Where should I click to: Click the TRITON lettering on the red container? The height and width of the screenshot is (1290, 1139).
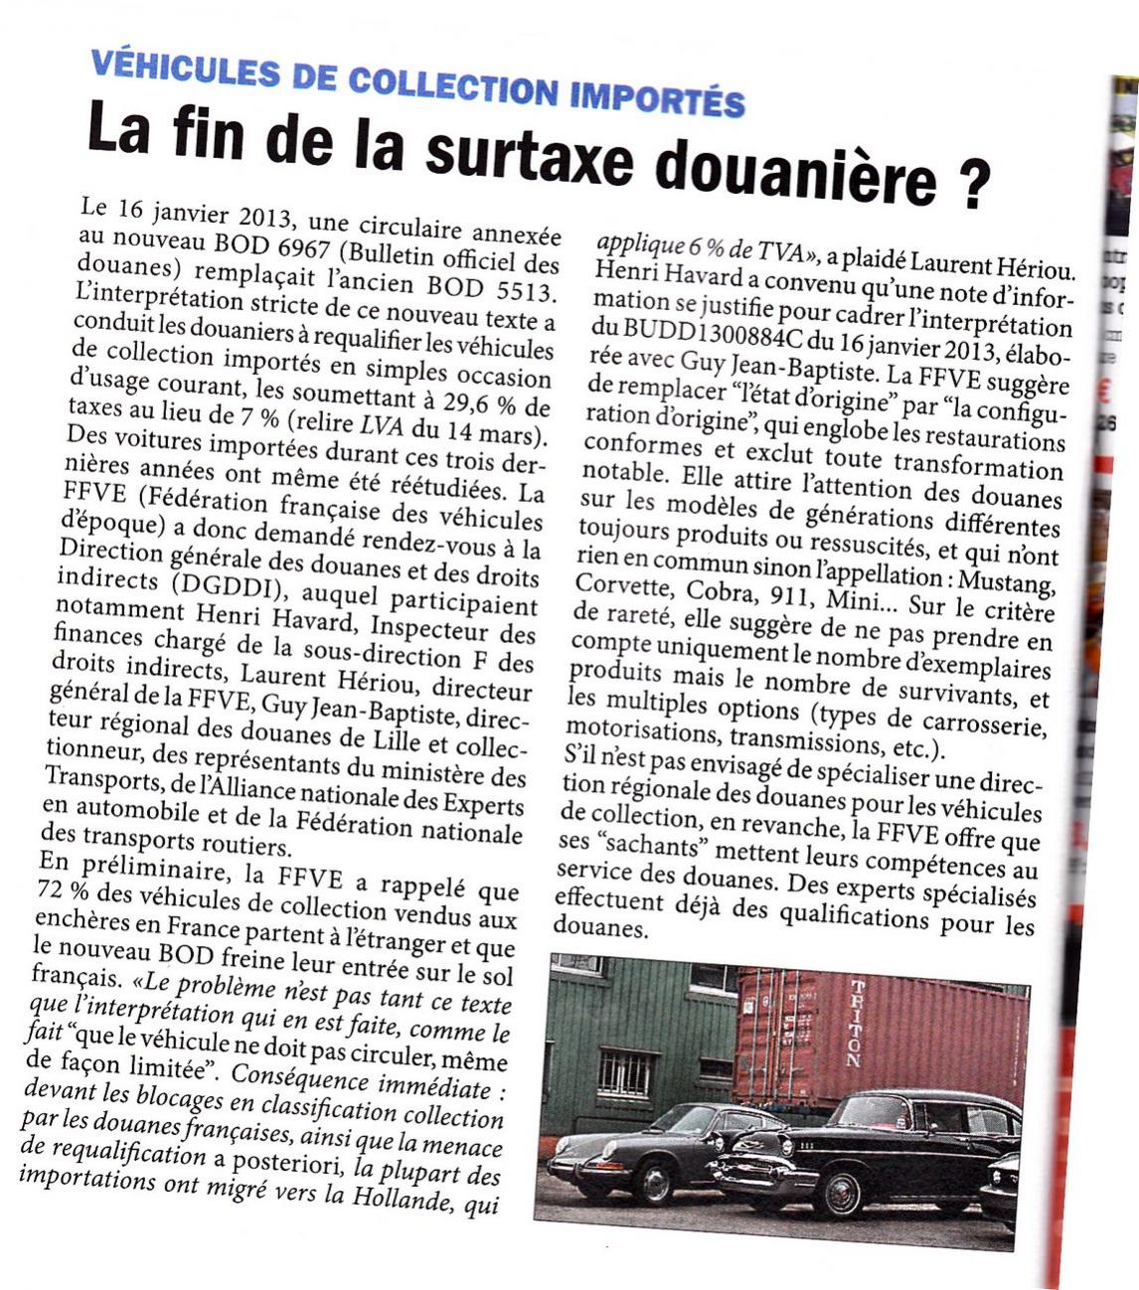tap(856, 1024)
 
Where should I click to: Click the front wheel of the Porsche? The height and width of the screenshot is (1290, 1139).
tap(655, 1182)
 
